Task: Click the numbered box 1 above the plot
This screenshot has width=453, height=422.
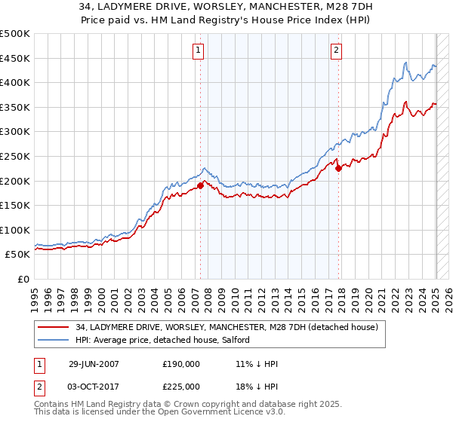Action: (198, 50)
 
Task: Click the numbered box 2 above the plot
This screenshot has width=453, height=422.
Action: (336, 50)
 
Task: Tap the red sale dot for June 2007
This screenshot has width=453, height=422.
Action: (200, 185)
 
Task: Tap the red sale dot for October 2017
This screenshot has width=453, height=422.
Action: (338, 168)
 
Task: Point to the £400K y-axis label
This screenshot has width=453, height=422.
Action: (15, 83)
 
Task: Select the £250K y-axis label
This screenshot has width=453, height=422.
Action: (15, 157)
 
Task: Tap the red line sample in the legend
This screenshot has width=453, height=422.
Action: (54, 327)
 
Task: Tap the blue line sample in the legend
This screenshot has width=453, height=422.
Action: (54, 341)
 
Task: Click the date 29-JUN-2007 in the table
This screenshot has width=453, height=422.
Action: (94, 363)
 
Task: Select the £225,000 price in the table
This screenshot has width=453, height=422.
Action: (181, 386)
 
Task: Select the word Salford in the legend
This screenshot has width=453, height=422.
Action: (244, 341)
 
